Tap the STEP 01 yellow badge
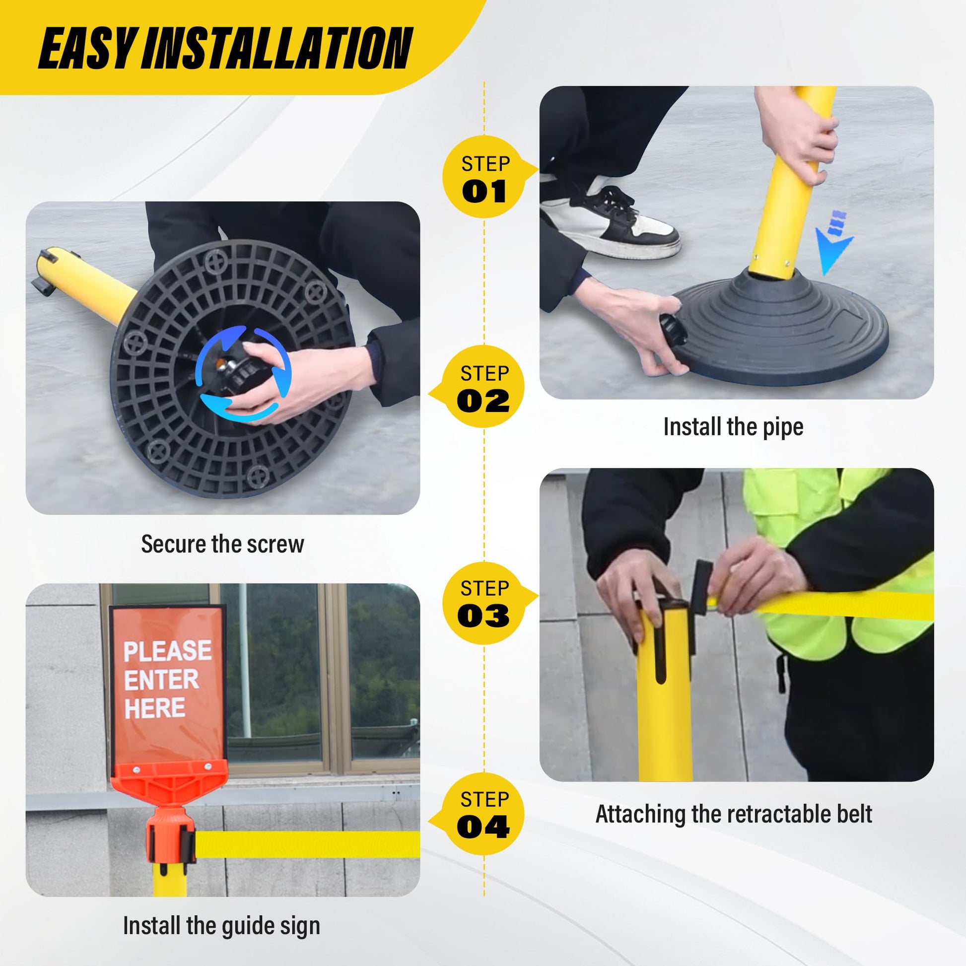(x=484, y=177)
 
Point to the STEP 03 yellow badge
(x=484, y=602)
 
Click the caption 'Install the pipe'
(x=733, y=427)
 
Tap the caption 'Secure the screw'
(x=222, y=544)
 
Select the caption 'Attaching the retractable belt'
(x=734, y=814)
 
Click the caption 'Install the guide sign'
(x=221, y=925)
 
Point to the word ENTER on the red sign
(x=161, y=680)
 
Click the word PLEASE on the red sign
(x=167, y=651)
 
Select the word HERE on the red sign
(x=154, y=708)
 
